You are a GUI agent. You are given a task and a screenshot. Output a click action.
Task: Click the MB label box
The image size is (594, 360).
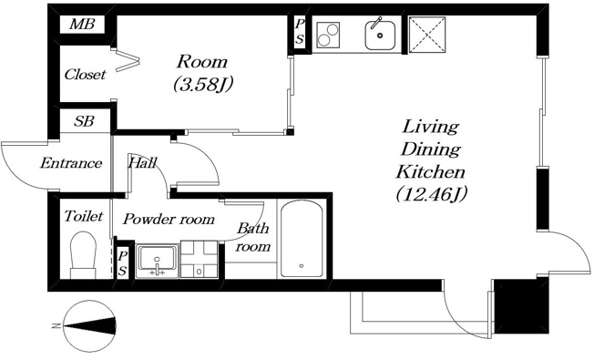pos(82,25)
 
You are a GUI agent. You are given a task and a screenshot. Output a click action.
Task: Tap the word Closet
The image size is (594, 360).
pos(85,74)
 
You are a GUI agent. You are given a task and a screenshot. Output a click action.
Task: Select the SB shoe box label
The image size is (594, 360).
pos(84,121)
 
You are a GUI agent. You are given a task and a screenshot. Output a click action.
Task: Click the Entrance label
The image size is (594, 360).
pos(71,163)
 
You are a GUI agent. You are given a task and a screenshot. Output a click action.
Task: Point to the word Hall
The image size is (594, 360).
pos(142,162)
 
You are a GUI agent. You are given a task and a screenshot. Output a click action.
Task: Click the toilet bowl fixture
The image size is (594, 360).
pos(83,254)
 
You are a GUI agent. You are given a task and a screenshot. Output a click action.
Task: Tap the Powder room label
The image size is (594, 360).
pos(169,219)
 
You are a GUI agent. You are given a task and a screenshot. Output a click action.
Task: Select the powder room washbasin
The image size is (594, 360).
pos(158,261)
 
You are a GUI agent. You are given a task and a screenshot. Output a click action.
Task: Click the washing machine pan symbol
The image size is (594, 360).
pos(199,259)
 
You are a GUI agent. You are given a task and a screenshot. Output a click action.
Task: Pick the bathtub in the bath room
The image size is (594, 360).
pos(302,239)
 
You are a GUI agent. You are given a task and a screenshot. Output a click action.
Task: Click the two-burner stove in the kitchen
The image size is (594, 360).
pos(328,35)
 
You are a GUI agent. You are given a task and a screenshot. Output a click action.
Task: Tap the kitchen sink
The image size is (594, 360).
pos(380,35)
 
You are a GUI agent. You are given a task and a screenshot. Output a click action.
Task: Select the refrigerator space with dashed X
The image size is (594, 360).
pos(427,34)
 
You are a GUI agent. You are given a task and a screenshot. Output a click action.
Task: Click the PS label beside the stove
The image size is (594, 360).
pos(300,32)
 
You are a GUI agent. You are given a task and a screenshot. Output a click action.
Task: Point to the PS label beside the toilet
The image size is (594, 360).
pos(122,263)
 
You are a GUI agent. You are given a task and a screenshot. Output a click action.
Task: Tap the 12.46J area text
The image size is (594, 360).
pos(431,195)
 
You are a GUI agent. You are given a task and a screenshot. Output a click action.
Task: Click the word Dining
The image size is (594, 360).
pos(430,149)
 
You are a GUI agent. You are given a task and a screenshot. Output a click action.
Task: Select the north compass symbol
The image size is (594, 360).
pos(90,325)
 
